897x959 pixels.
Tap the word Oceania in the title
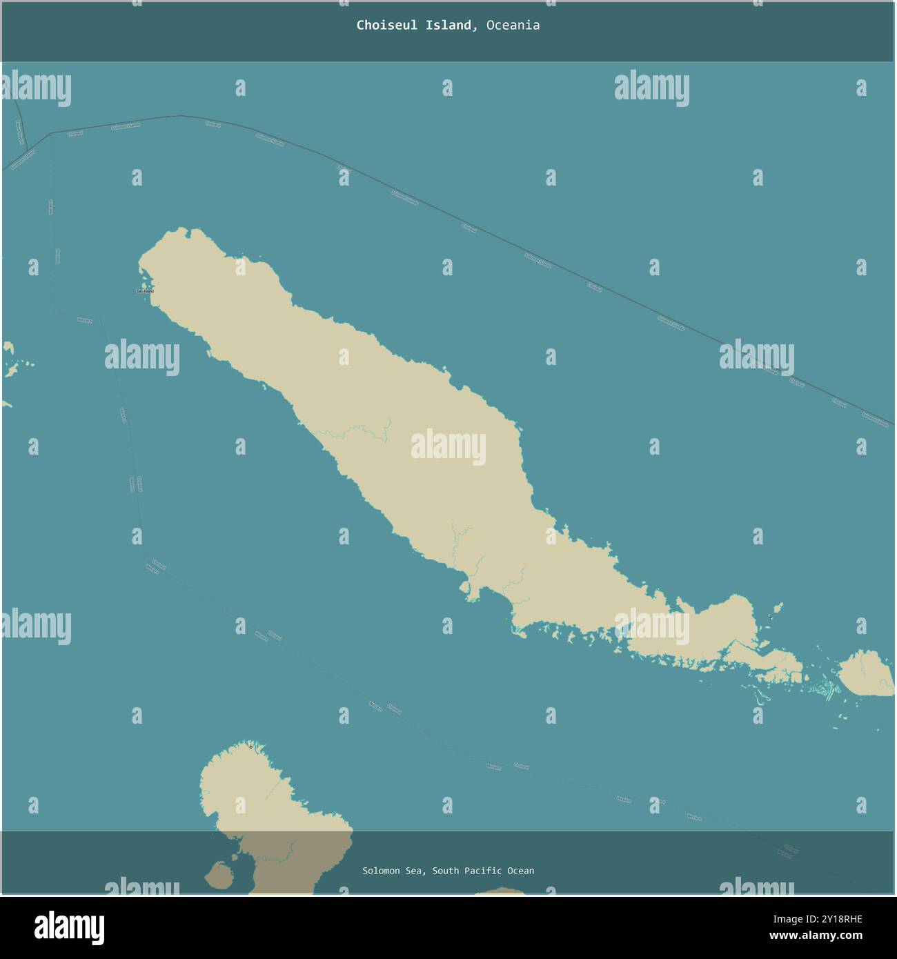(x=513, y=26)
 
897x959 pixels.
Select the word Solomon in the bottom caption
(x=381, y=871)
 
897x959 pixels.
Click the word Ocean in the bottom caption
(x=521, y=871)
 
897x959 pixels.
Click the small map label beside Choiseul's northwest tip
(x=145, y=291)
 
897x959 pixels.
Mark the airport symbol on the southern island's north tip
(x=250, y=747)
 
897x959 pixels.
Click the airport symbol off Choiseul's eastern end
(x=770, y=617)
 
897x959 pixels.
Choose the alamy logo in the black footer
(x=69, y=927)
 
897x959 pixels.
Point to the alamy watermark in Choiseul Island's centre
(x=448, y=447)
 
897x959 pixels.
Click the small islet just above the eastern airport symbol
(x=778, y=607)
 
